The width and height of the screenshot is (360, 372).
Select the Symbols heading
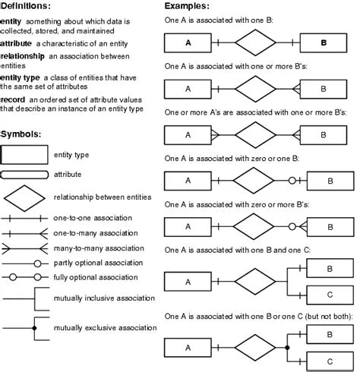tap(21, 134)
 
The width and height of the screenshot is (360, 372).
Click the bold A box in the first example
tap(188, 43)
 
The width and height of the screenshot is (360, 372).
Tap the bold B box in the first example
tap(324, 43)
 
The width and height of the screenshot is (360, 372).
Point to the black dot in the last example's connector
tap(287, 347)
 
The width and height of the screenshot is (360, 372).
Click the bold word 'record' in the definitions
tap(13, 99)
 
